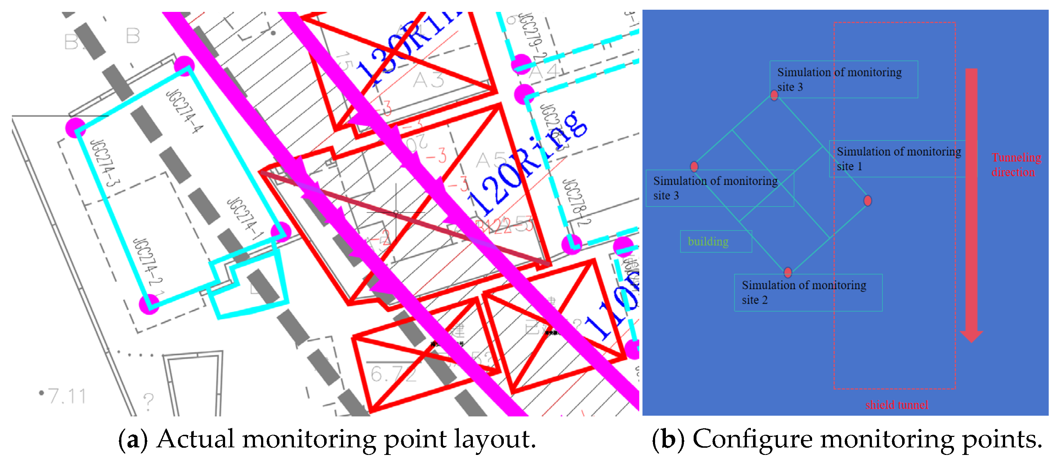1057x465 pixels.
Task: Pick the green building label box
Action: [x=716, y=241]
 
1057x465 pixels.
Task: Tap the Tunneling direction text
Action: [x=1016, y=164]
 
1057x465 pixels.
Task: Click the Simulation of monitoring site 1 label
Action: [x=898, y=159]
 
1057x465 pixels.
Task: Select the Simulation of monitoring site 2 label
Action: [x=807, y=292]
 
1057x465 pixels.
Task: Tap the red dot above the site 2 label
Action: [x=787, y=272]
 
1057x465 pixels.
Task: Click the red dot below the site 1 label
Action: [x=868, y=200]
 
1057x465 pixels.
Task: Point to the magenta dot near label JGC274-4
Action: [x=184, y=66]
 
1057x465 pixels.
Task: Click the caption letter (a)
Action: [x=132, y=439]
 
